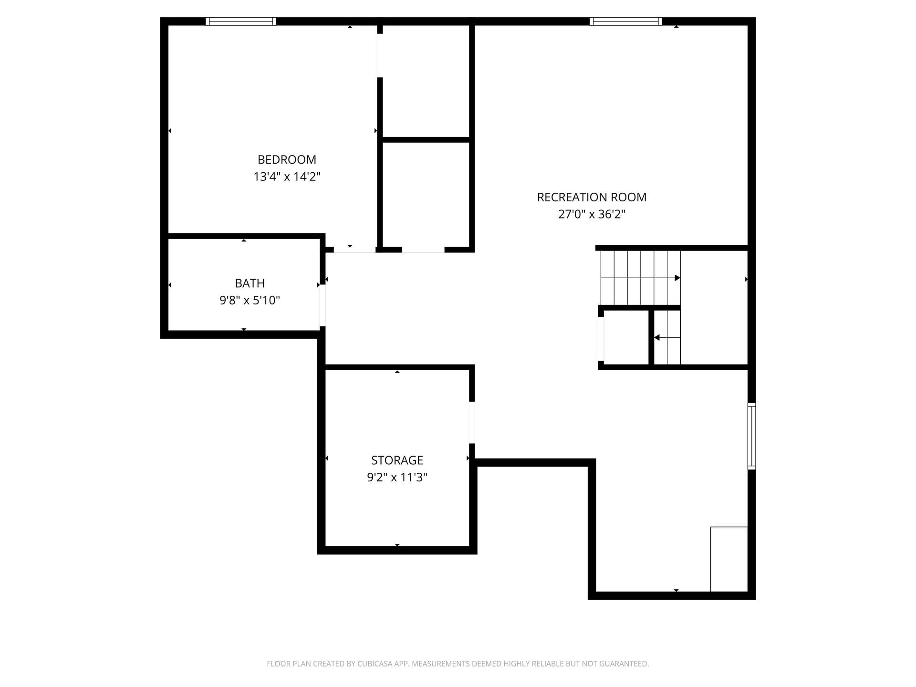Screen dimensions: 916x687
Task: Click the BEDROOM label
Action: pyautogui.click(x=287, y=159)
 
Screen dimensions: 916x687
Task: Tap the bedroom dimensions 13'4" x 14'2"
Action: pyautogui.click(x=287, y=177)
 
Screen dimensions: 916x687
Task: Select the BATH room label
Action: pyautogui.click(x=250, y=283)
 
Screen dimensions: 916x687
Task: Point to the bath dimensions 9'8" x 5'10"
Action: pyautogui.click(x=250, y=300)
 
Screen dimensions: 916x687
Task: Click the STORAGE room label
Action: pyautogui.click(x=397, y=460)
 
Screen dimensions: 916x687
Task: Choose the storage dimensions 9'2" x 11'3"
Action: pyautogui.click(x=397, y=477)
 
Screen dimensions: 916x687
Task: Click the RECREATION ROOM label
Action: pyautogui.click(x=592, y=197)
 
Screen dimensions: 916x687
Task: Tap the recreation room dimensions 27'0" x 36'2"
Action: pyautogui.click(x=592, y=214)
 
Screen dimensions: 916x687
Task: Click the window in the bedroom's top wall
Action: pyautogui.click(x=241, y=21)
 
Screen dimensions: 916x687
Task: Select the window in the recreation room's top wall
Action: pyautogui.click(x=626, y=21)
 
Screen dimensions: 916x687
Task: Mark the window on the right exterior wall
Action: pyautogui.click(x=751, y=436)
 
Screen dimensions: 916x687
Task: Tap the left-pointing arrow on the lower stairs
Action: pyautogui.click(x=667, y=337)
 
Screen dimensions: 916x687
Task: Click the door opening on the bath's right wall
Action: pyautogui.click(x=323, y=305)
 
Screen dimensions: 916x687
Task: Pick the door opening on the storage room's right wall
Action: pyautogui.click(x=472, y=423)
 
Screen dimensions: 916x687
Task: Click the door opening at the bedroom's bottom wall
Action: pyautogui.click(x=354, y=250)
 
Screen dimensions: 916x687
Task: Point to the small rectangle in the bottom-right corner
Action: pyautogui.click(x=729, y=559)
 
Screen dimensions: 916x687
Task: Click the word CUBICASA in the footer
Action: pyautogui.click(x=376, y=664)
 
